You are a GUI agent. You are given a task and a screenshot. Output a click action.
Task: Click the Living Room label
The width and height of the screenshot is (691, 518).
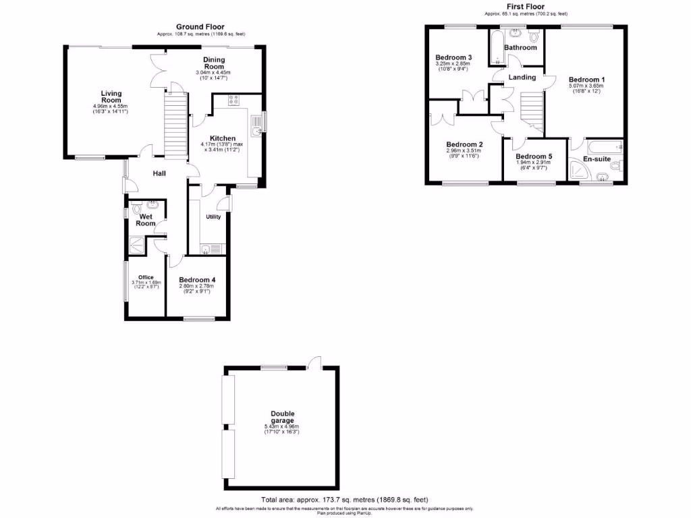pos(111,96)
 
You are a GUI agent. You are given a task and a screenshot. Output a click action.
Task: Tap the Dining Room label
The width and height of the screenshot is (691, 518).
pos(214,63)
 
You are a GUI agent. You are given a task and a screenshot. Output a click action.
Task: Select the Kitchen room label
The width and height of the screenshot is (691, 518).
pos(222,138)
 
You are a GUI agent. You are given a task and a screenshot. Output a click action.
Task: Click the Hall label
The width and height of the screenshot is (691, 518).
pos(159,173)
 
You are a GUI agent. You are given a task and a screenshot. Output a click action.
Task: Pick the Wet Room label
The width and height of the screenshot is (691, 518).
pos(146,220)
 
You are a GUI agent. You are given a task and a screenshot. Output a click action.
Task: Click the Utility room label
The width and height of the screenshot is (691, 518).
pos(213,217)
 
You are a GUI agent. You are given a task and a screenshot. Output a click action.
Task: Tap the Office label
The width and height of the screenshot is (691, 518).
pos(146,277)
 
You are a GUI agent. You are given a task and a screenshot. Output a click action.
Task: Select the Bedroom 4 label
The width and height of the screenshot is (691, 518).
pos(197,280)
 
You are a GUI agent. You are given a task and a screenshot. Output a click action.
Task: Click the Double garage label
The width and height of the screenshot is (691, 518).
pos(283,417)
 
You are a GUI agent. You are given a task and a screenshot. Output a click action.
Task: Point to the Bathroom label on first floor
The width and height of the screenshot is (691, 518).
pos(520,48)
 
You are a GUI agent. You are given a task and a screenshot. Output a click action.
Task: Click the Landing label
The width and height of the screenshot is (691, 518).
pos(522,78)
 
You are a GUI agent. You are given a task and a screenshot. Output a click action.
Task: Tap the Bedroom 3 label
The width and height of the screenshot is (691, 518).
pos(453,57)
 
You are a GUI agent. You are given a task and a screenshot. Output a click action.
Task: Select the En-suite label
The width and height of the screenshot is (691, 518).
pos(597,159)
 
